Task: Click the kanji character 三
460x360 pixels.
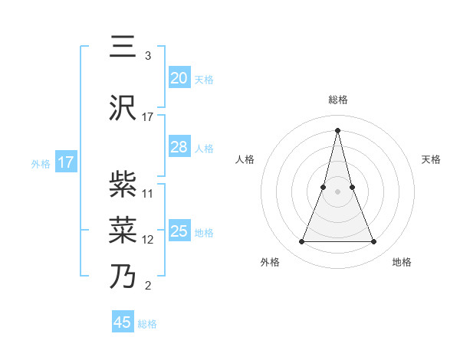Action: click(124, 48)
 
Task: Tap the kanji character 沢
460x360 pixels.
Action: click(124, 109)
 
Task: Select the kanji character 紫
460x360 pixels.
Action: click(124, 184)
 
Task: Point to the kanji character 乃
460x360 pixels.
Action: click(124, 276)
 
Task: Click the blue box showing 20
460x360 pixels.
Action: click(179, 78)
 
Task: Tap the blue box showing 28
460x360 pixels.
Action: click(179, 147)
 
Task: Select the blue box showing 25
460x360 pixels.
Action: click(179, 231)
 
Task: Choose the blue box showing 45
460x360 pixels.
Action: click(123, 322)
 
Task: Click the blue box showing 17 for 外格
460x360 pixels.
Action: click(65, 162)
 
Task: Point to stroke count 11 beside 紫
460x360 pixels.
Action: click(148, 193)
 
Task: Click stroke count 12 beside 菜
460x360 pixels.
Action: click(148, 240)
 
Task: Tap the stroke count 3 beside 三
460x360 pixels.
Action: click(147, 56)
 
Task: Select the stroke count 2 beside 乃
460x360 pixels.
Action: click(147, 286)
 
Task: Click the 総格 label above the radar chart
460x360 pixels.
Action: click(338, 100)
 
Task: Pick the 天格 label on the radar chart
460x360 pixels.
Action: click(431, 159)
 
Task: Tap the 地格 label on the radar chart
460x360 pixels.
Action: click(402, 262)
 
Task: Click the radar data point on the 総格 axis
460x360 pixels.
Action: click(338, 129)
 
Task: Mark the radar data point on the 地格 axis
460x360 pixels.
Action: click(373, 242)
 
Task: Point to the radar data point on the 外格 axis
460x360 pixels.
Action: click(302, 242)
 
